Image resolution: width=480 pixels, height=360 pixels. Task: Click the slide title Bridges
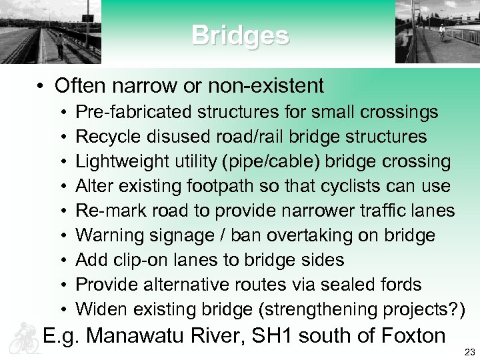click(240, 35)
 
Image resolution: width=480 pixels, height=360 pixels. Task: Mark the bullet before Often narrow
click(41, 86)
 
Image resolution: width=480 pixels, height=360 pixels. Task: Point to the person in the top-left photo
click(59, 45)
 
